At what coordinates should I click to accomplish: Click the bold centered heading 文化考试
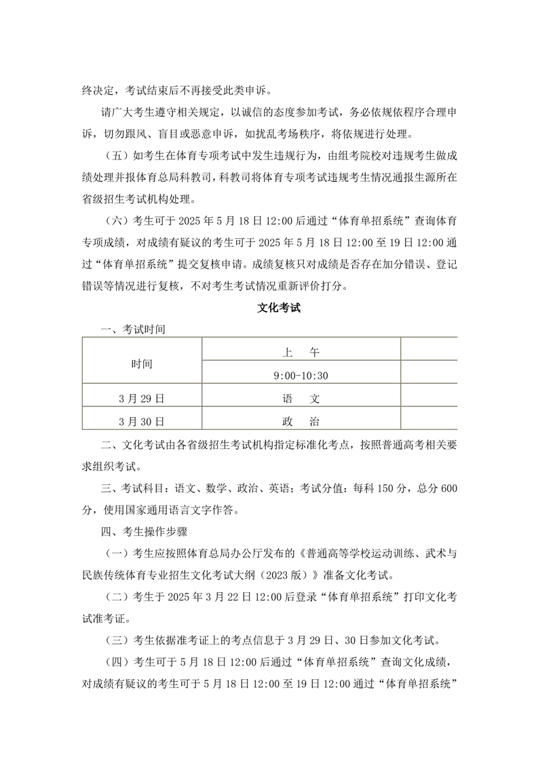pyautogui.click(x=279, y=308)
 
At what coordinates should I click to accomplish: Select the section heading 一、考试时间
pyautogui.click(x=132, y=329)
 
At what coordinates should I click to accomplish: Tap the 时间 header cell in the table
pyautogui.click(x=142, y=364)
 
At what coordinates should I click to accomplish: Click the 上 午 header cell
pyautogui.click(x=301, y=352)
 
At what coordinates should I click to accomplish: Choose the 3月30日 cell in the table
pyautogui.click(x=142, y=421)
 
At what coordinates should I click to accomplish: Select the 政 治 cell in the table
pyautogui.click(x=301, y=421)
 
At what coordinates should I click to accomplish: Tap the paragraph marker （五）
pyautogui.click(x=117, y=154)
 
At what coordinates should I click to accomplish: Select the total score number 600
pyautogui.click(x=448, y=488)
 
